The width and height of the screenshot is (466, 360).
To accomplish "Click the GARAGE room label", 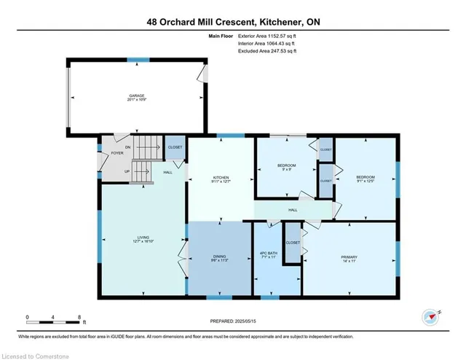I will coord(135,95).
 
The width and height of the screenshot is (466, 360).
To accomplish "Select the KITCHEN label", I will coord(221,177).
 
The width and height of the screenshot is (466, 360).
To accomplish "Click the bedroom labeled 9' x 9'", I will coord(286,166).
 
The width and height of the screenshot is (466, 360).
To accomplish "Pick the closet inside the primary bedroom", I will coord(293,242).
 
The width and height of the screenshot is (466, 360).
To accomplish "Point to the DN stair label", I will coord(127,147).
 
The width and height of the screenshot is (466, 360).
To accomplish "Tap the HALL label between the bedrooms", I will coord(293,210).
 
